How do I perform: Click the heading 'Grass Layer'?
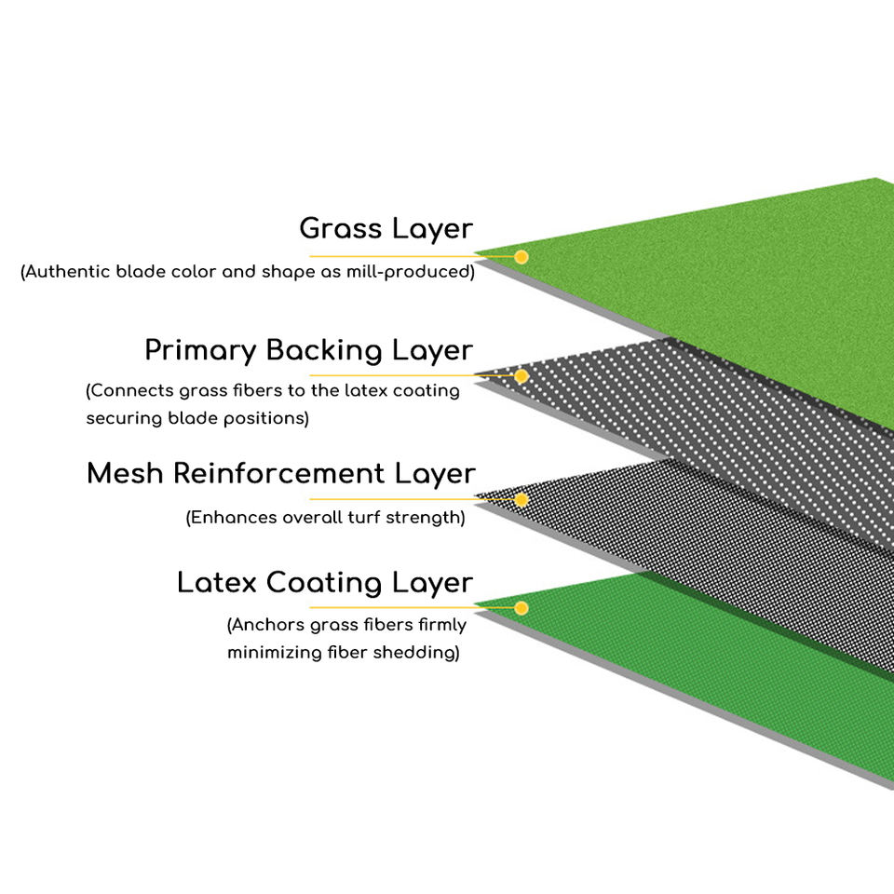386,229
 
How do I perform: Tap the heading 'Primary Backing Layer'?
308,351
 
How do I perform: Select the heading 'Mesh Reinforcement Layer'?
280,474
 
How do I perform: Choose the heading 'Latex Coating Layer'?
325,584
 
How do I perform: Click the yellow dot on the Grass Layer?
521,256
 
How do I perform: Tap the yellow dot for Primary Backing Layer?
521,376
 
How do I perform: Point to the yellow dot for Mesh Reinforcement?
521,500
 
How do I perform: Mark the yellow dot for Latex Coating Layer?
521,608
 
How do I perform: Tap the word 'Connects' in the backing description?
130,391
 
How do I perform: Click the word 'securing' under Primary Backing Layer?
123,419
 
